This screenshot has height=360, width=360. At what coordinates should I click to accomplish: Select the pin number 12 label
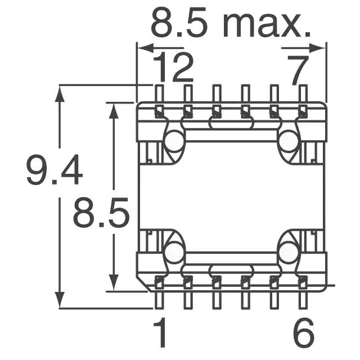point(173,67)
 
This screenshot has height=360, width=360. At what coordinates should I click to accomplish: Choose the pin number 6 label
point(304,332)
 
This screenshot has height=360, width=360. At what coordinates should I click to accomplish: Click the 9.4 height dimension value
point(55,170)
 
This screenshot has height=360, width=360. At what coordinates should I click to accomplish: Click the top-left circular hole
point(175,141)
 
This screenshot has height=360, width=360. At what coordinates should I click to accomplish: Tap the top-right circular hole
point(289,141)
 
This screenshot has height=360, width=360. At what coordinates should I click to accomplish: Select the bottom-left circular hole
point(175,252)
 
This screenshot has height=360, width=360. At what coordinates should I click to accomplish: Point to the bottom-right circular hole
point(289,252)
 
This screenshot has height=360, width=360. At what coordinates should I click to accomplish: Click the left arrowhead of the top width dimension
point(146,48)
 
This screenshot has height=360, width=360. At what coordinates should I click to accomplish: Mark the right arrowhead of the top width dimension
point(317,48)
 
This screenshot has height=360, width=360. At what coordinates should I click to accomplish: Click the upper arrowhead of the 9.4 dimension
point(60,94)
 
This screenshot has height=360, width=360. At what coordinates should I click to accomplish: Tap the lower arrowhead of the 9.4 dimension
point(60,299)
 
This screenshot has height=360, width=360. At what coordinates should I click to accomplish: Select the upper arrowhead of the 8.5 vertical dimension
point(114,111)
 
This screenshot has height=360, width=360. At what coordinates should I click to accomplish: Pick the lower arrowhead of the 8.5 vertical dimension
point(114,282)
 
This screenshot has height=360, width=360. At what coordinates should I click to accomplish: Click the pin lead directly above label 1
point(160,300)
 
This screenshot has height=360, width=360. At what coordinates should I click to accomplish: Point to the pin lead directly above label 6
point(303,300)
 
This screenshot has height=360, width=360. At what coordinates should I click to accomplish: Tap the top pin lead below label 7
point(303,93)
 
